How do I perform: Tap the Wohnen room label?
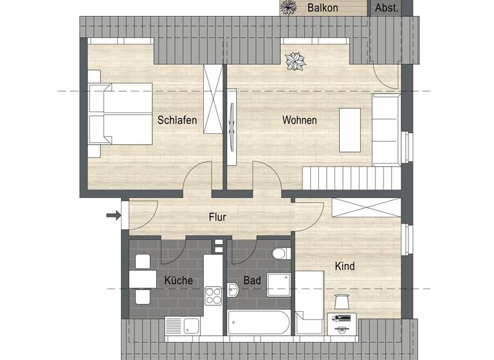coord(299,120)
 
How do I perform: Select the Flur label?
coord(217,217)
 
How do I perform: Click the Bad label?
coord(252,282)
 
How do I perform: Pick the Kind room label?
coord(345,265)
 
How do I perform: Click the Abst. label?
coord(387,8)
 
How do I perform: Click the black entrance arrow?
coord(113,215)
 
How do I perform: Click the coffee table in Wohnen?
coord(351,129)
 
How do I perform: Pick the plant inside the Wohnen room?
coord(297,61)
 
